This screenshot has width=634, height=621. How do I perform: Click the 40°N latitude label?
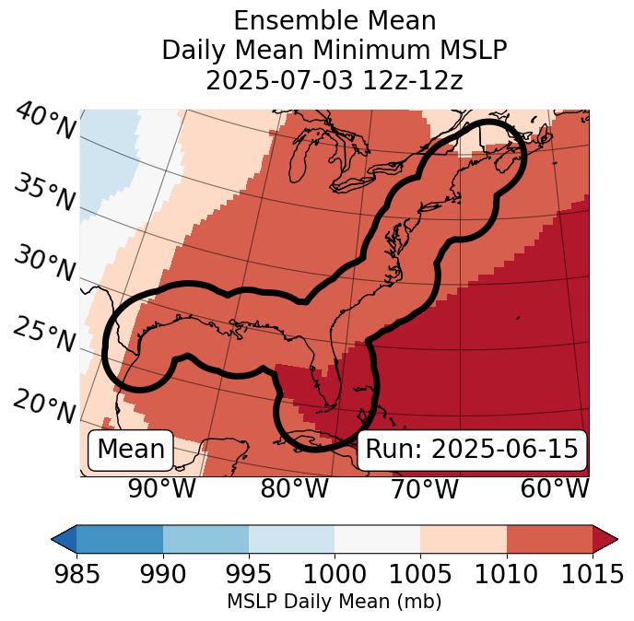[45, 123]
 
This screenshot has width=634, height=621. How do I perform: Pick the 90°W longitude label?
[161, 488]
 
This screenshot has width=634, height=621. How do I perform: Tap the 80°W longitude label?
[294, 488]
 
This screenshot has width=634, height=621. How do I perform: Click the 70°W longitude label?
[424, 488]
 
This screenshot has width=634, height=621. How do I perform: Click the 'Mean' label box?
[131, 450]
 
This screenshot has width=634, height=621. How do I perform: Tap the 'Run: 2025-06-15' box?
[472, 450]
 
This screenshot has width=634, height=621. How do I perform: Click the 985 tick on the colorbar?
[76, 573]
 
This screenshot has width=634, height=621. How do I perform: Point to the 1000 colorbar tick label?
[335, 573]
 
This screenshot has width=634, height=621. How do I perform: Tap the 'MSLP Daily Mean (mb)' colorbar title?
[334, 603]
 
